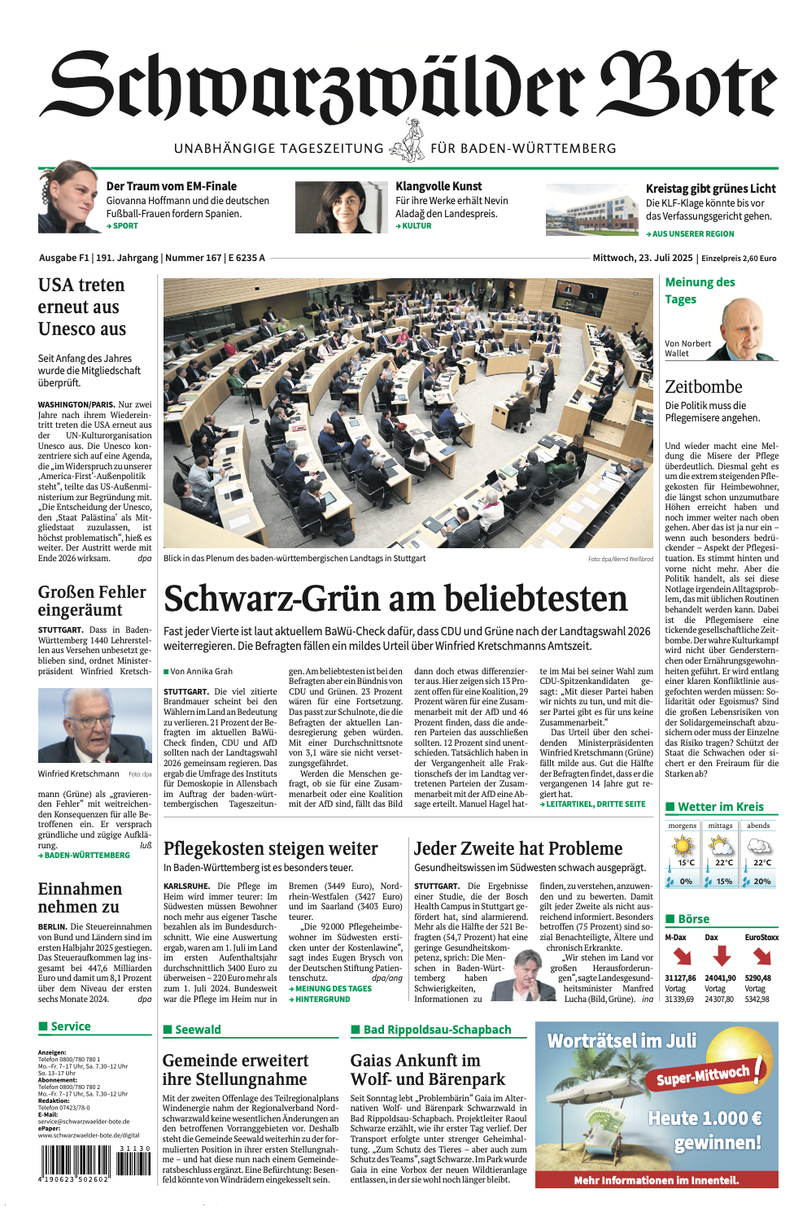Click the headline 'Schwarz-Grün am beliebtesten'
(x=395, y=599)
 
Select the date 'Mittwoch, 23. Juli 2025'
(x=642, y=258)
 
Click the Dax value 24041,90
(x=720, y=978)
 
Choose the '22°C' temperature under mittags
(x=723, y=863)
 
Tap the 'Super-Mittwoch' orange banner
(x=703, y=1076)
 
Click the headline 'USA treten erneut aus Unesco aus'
(x=81, y=307)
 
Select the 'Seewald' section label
(x=198, y=1030)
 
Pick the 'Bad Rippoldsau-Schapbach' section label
(x=437, y=1030)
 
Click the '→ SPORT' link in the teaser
(x=122, y=226)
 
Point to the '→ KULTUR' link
(x=413, y=226)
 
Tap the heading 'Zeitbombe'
(x=704, y=387)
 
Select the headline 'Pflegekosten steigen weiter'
(x=270, y=849)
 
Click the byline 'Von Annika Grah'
(x=200, y=671)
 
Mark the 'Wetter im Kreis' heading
(x=720, y=807)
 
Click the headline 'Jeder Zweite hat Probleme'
(x=518, y=849)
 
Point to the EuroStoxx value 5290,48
(x=757, y=978)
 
